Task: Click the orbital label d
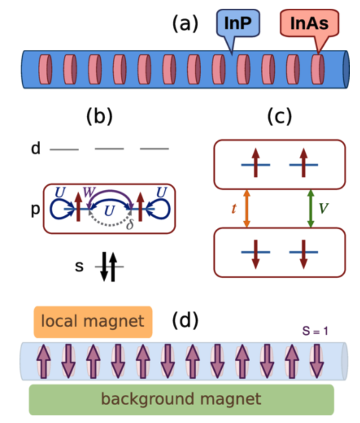[x=36, y=149]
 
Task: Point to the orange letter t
[x=234, y=207]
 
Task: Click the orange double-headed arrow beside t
[x=247, y=207]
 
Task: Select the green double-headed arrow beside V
[x=310, y=207]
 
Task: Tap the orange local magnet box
[x=93, y=322]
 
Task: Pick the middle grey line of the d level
[x=109, y=148]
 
